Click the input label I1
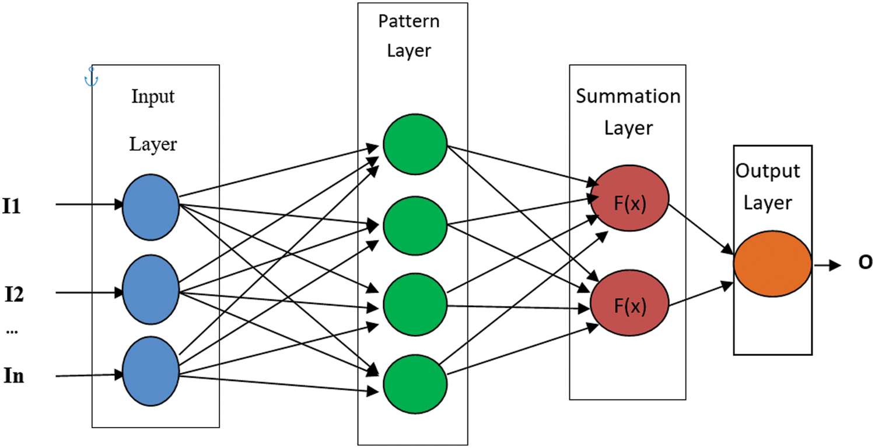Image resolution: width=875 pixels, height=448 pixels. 12,206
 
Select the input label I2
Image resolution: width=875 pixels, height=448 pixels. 14,295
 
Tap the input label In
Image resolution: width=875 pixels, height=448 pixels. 14,376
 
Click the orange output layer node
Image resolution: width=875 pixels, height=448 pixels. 772,264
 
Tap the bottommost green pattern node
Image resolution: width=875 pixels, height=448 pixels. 415,384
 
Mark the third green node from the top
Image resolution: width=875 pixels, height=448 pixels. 415,305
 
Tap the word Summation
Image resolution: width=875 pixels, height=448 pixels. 628,96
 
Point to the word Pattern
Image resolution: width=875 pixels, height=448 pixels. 409,22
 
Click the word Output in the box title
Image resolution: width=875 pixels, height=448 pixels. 768,171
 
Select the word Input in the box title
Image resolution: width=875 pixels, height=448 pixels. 153,96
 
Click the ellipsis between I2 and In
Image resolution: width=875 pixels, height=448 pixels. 12,331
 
